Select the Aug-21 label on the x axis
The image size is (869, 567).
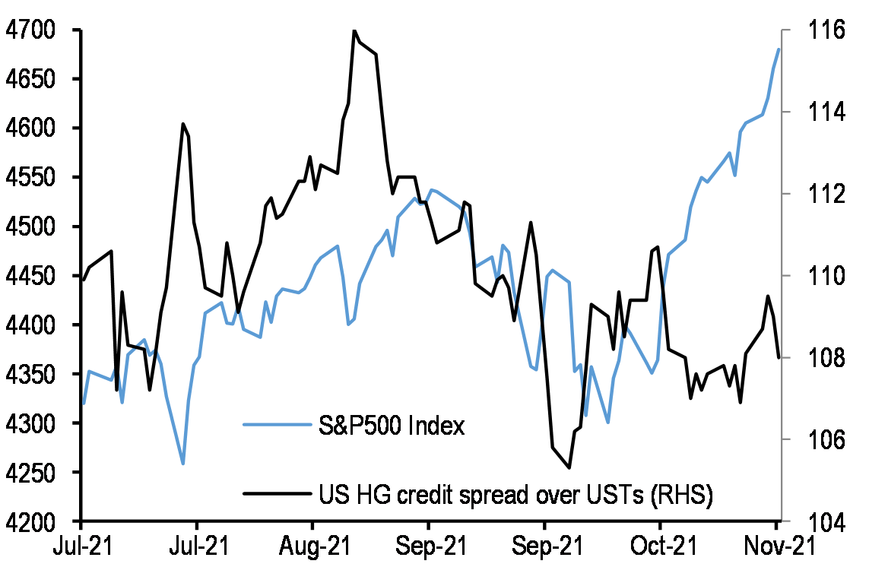point(312,546)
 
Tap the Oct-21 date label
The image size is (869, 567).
point(660,546)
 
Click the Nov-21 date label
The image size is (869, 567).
point(775,546)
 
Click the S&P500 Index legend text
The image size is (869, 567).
point(391,426)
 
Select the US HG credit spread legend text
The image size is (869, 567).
point(515,495)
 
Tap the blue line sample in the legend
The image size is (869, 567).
point(276,426)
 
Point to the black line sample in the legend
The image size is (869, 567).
point(276,495)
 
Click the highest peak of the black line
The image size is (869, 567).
point(354,31)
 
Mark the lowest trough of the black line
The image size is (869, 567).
point(569,468)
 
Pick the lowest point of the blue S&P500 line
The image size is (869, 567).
point(183,463)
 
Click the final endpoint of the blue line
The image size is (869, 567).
point(779,49)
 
